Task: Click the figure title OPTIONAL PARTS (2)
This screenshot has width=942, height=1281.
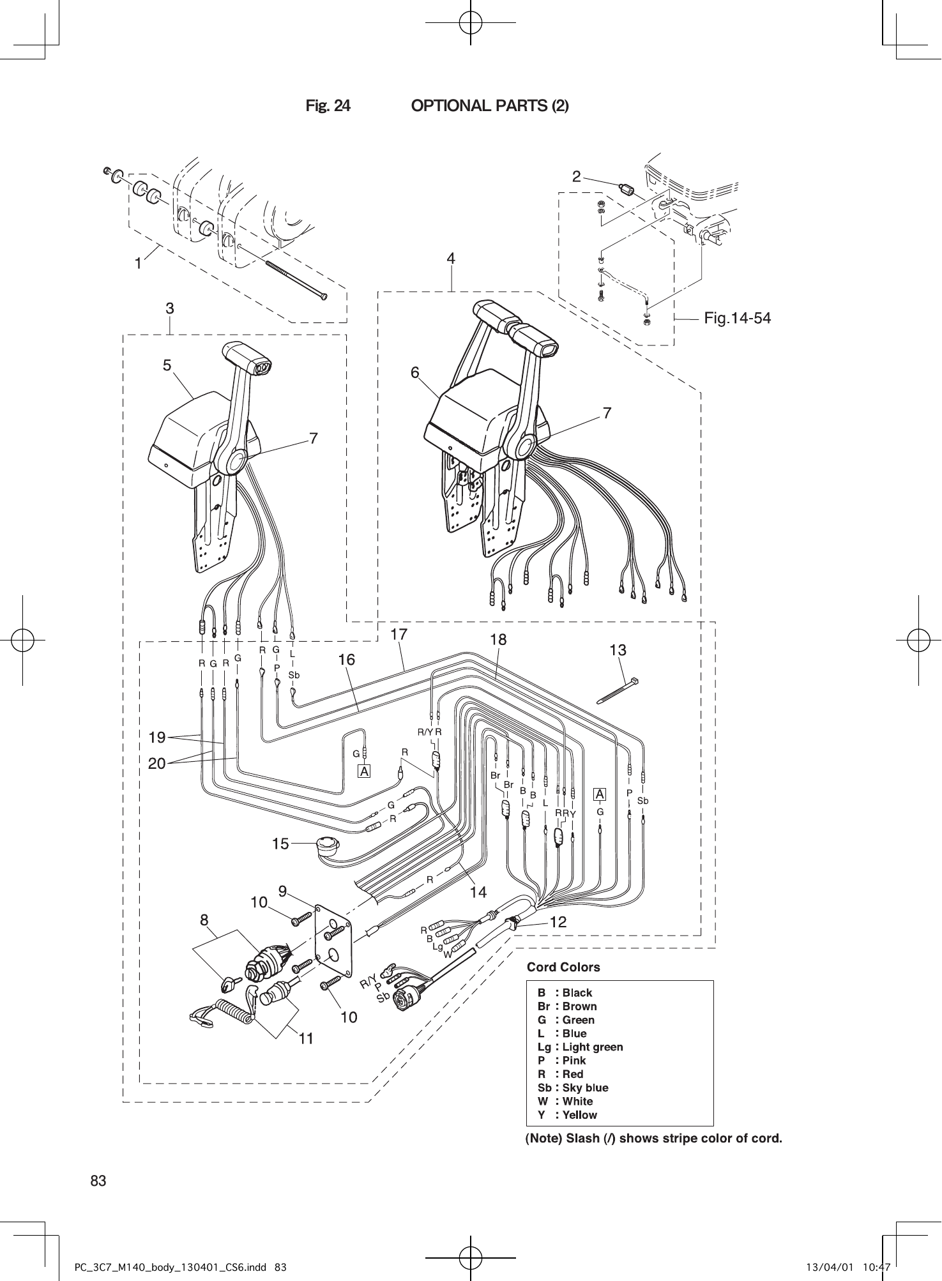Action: pos(489,106)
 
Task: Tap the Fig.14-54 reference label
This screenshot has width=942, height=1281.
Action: pos(737,318)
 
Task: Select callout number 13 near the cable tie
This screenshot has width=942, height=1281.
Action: pos(618,651)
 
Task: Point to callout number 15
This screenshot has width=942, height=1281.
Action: pos(280,844)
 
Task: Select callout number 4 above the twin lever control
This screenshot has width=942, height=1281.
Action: pos(451,259)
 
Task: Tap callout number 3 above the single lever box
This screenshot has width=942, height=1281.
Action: pos(170,308)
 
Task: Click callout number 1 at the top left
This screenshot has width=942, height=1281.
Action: pos(138,263)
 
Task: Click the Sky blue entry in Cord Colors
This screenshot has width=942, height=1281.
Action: pos(573,1088)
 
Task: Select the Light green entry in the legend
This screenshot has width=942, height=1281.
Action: pos(580,1047)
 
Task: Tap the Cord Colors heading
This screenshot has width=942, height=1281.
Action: pos(563,967)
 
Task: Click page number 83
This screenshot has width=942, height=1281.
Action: pos(98,1181)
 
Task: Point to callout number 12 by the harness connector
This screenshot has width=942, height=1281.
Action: pos(558,922)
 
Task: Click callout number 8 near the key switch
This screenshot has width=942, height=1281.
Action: pos(204,920)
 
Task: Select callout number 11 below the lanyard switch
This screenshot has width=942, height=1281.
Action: pos(307,1039)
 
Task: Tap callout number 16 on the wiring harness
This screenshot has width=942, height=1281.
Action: pos(346,660)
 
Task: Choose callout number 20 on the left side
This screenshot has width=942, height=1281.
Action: pos(157,763)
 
